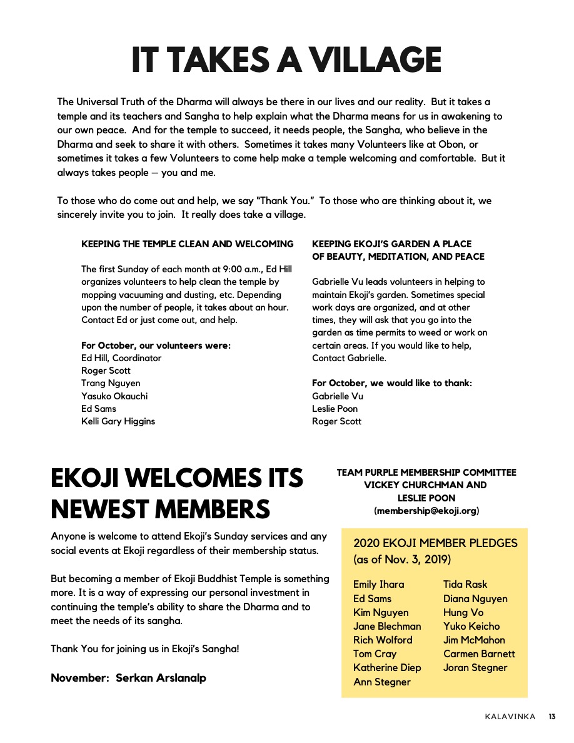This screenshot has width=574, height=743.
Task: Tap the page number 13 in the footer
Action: [553, 717]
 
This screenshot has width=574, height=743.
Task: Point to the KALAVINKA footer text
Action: [510, 717]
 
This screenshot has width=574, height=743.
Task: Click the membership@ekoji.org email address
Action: [426, 511]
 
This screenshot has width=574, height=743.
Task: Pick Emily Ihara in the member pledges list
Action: [379, 585]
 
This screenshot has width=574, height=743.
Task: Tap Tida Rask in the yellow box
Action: [465, 585]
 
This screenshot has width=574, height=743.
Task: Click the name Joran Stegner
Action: [475, 668]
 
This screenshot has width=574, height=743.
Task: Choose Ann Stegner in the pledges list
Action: [382, 682]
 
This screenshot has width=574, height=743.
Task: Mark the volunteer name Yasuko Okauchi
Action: [114, 396]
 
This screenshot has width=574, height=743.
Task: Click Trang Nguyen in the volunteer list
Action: [111, 383]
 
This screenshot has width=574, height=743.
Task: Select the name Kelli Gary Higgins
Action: [118, 421]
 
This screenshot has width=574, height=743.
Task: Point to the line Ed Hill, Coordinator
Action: [121, 358]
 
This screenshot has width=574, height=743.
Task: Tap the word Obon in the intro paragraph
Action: [436, 144]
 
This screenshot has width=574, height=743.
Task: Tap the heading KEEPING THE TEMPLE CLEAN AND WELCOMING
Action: [188, 244]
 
